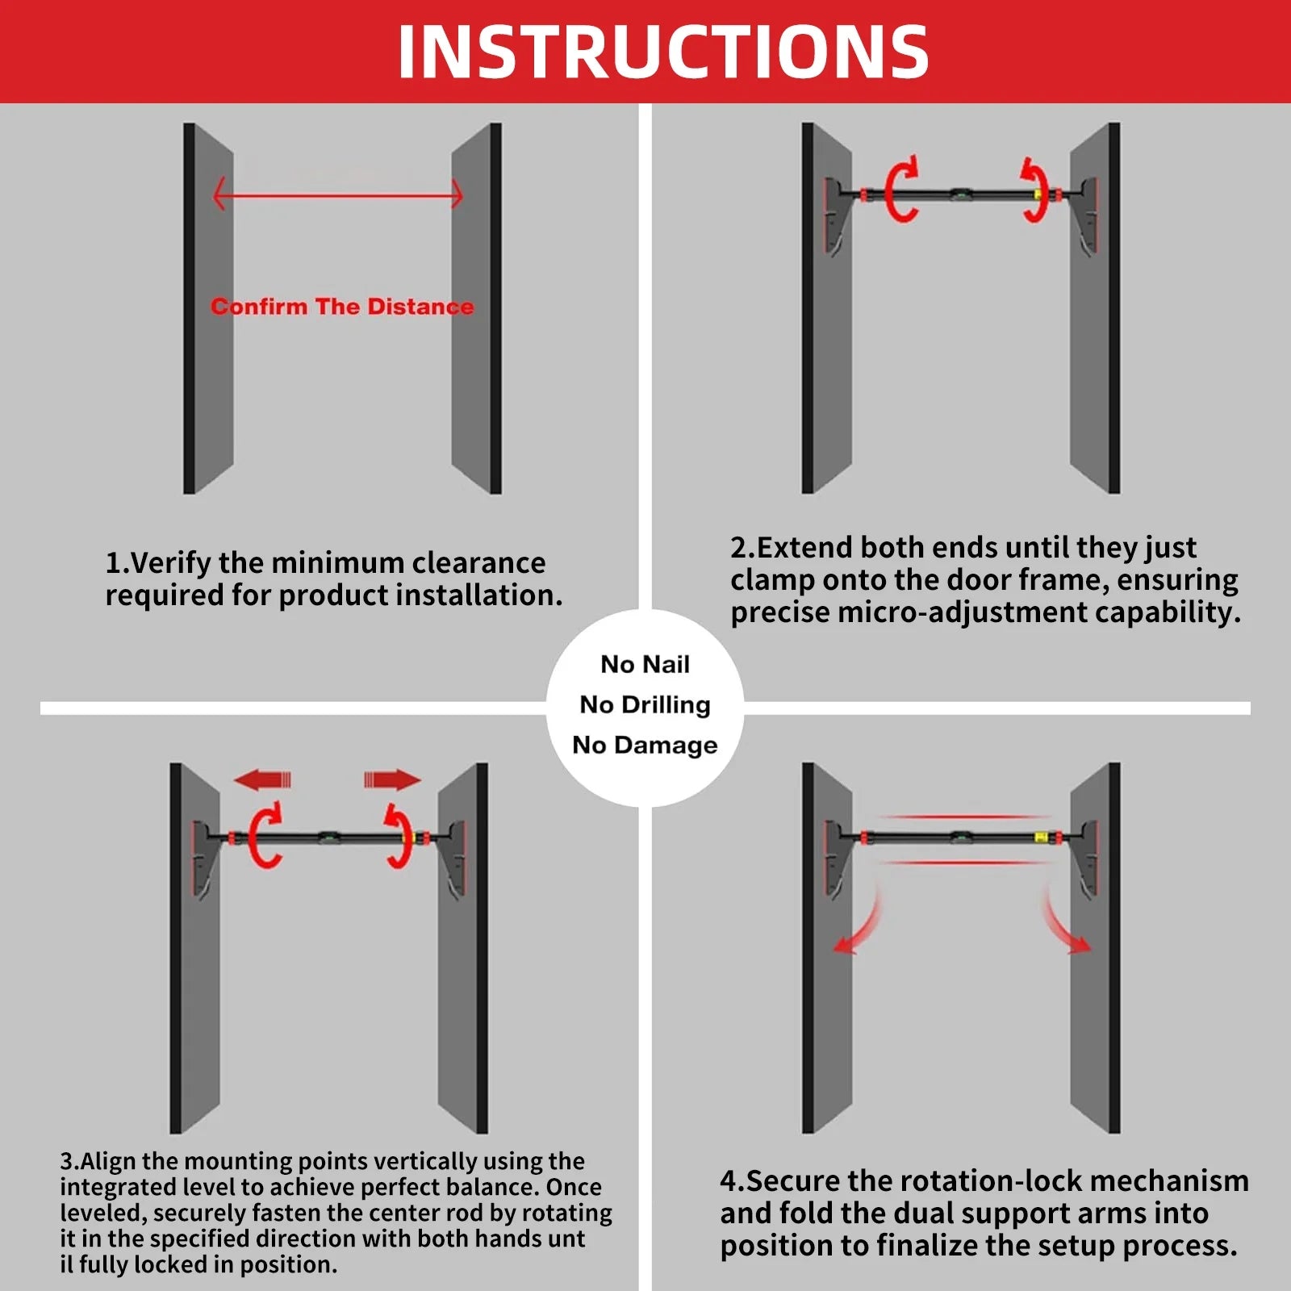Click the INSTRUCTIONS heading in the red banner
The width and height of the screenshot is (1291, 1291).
(x=663, y=52)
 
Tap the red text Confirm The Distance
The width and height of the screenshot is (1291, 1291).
(x=342, y=307)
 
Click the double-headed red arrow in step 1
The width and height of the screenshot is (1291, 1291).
(x=337, y=194)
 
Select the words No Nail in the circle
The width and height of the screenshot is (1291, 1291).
(x=645, y=664)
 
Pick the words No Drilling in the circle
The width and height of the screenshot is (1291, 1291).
(x=645, y=704)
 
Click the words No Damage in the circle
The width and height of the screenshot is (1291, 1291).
(x=645, y=745)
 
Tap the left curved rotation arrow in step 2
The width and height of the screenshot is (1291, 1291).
(x=901, y=189)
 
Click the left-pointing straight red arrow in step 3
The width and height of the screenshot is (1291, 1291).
(x=261, y=779)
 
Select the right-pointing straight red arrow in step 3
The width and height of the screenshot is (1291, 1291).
(x=393, y=779)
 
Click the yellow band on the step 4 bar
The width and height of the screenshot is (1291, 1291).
(x=1041, y=838)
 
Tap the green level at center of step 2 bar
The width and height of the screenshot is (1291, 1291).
(x=960, y=194)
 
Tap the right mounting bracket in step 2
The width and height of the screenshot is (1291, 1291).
(x=1084, y=214)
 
